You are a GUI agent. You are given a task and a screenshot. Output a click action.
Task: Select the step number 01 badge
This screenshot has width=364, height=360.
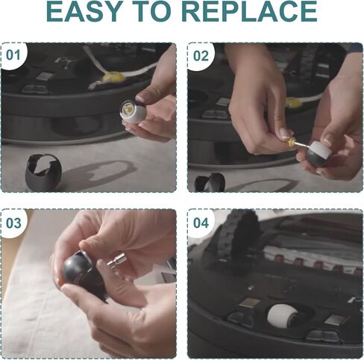(x=13, y=55)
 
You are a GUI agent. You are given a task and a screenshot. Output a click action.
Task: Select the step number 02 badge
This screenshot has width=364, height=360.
(x=201, y=56)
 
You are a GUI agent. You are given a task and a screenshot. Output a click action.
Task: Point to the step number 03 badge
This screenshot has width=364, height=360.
(x=13, y=223)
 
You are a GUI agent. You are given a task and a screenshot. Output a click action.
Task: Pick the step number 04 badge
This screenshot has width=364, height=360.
(x=201, y=223)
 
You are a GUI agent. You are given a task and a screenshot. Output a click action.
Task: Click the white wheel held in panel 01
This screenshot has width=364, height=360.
(x=133, y=111)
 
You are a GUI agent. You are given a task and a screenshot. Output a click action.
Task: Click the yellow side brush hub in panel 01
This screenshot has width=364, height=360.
(x=114, y=76)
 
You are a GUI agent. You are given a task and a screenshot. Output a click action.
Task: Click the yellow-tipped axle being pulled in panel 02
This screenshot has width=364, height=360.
(x=294, y=143)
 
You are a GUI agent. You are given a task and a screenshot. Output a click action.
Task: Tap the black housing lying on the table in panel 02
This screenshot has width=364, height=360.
(x=210, y=183)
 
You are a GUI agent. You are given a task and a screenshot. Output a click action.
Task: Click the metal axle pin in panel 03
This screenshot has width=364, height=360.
(x=116, y=260)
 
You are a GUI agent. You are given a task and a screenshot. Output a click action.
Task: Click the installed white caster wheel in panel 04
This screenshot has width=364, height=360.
(x=281, y=314)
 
